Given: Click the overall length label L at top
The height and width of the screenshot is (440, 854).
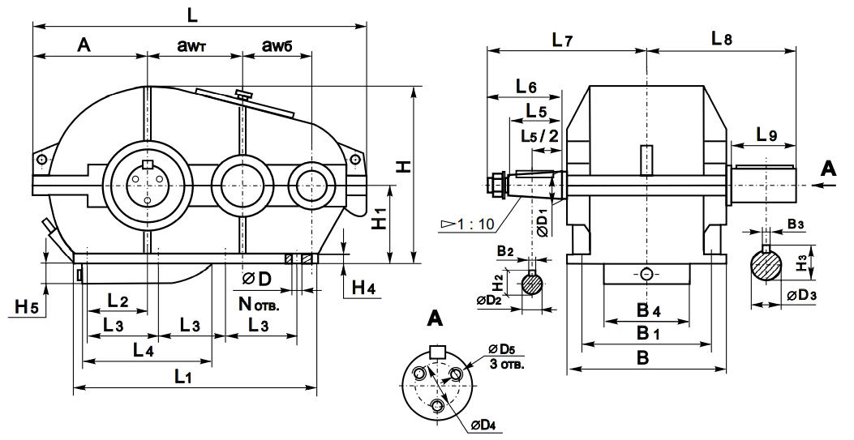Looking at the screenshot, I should pyautogui.click(x=191, y=14).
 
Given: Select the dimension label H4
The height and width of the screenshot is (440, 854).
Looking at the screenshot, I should pyautogui.click(x=363, y=286).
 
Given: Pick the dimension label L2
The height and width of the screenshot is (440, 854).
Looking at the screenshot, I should pyautogui.click(x=118, y=300).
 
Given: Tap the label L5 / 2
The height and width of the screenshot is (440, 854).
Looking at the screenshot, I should pyautogui.click(x=539, y=135).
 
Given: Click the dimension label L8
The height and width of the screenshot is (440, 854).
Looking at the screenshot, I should pyautogui.click(x=721, y=38).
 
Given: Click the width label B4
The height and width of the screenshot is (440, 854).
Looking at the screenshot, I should pyautogui.click(x=646, y=310).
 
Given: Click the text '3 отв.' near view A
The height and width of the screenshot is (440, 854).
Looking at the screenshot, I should pyautogui.click(x=508, y=364).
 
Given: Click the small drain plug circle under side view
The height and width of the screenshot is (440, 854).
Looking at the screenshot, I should pyautogui.click(x=646, y=274).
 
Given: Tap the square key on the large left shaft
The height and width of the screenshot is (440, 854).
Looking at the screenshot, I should pyautogui.click(x=147, y=165).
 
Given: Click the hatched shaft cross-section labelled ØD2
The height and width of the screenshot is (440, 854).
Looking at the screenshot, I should pyautogui.click(x=532, y=284).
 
